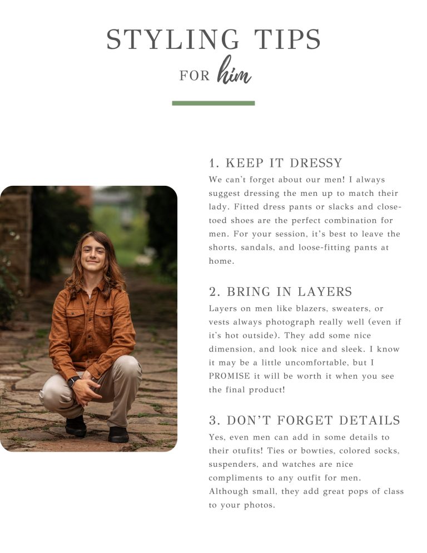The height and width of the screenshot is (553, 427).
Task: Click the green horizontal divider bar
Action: tap(213, 103)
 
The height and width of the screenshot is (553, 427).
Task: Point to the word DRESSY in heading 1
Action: tap(316, 163)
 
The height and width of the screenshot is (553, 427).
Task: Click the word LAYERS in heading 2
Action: tap(325, 292)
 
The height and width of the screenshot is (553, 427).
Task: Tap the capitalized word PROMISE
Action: tap(229, 376)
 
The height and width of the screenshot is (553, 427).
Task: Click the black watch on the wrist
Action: tap(73, 381)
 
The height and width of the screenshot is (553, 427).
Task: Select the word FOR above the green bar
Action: tap(195, 76)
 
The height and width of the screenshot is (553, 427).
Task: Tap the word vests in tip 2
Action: tap(219, 322)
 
